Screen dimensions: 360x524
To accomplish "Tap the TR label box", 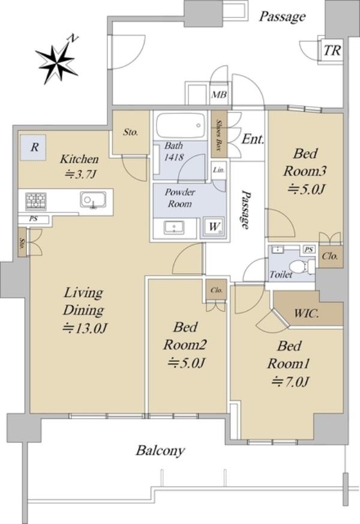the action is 332,50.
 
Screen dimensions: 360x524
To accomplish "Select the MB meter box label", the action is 219,95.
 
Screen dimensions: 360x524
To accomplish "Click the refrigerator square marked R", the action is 33,148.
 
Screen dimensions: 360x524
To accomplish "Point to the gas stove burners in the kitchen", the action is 36,202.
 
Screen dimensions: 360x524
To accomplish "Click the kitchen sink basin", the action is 93,200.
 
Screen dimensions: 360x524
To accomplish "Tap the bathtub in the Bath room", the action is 181,125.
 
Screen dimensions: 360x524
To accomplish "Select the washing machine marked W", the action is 214,227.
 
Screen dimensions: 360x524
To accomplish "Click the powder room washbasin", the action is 174,228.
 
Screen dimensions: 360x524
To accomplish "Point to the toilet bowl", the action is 299,267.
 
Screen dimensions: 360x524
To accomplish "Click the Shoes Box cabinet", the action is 219,133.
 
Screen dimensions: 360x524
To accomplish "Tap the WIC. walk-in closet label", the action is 307,314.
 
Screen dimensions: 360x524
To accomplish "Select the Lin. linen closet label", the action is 219,170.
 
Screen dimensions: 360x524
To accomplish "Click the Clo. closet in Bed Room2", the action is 217,290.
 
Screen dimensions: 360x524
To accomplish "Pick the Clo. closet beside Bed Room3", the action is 330,256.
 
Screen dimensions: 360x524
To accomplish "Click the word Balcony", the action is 160,451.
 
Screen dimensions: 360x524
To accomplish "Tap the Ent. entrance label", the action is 253,139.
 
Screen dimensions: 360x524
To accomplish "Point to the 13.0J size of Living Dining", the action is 85,328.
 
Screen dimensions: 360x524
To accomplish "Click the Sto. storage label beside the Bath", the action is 131,132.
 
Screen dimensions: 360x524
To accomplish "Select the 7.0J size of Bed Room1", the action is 290,381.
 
